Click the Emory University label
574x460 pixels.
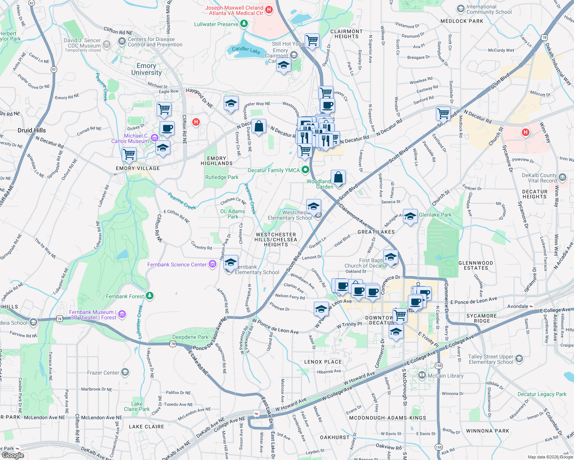coord(146,69)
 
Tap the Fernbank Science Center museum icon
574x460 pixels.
coord(212,264)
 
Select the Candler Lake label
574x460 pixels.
coord(246,50)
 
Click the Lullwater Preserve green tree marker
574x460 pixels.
coord(244,24)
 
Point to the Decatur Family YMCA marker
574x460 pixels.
coord(305,169)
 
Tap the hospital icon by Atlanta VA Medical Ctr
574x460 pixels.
coord(269,10)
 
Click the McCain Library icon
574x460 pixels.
coord(422,375)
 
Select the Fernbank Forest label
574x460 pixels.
coord(125,296)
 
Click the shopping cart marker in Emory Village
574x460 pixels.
coord(129,154)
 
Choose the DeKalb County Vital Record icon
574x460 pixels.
coord(562,177)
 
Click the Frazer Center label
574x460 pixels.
coord(103,373)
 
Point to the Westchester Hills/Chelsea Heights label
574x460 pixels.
coord(276,240)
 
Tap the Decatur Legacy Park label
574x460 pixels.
coord(542,394)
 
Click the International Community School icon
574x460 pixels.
coord(460,9)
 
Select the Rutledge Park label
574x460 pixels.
coord(222,177)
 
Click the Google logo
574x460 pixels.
coord(13,455)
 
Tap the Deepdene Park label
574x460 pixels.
coord(190,337)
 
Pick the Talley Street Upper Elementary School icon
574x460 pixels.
coord(519,359)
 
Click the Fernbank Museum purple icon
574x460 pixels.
coord(122,314)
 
